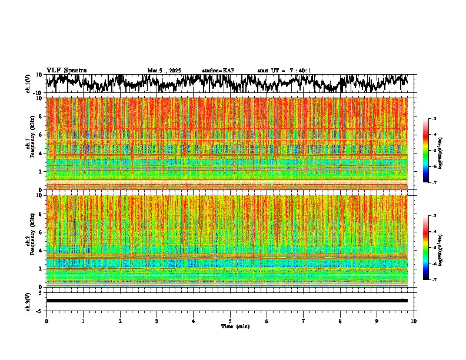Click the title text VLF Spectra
pos(66,70)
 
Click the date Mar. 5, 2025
pos(164,71)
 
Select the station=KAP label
pos(218,71)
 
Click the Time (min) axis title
pos(234,326)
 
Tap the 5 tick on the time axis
pos(230,321)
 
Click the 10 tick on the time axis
pos(414,321)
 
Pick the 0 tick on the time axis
pos(46,321)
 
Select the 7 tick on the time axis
pos(304,321)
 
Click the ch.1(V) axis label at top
pos(28,83)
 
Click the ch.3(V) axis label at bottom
pos(28,300)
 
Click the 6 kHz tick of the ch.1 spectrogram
pos(41,135)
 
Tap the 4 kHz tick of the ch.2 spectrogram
pos(41,250)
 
